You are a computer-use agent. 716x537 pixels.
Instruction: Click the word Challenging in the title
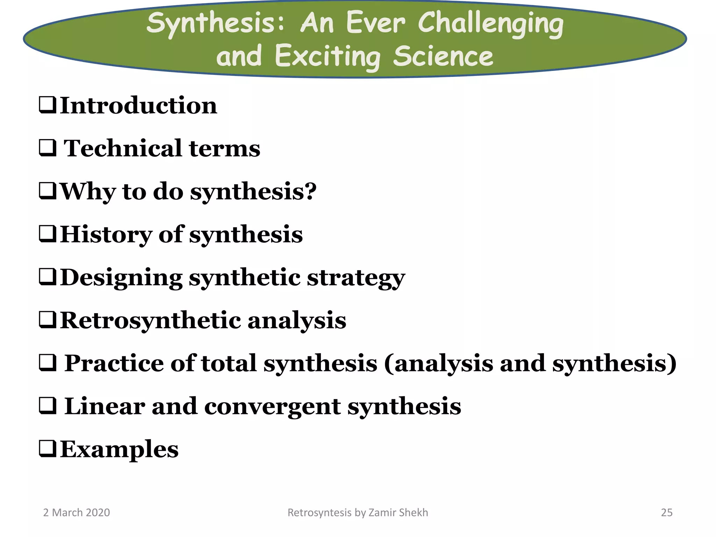(491, 24)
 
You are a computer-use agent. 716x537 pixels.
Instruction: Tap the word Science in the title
(443, 56)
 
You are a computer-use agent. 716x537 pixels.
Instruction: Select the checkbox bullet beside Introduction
(48, 105)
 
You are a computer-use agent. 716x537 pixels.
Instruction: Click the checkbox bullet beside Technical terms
(48, 148)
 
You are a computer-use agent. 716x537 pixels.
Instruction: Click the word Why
(87, 192)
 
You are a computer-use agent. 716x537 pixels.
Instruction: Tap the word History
(106, 234)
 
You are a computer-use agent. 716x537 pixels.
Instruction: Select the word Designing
(121, 277)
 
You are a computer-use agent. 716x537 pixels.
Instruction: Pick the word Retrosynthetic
(150, 320)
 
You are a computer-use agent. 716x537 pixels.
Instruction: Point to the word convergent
(272, 407)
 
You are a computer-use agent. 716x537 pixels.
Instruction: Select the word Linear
(105, 406)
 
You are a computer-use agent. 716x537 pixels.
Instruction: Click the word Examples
(119, 450)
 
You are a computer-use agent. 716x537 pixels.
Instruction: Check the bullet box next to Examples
(48, 449)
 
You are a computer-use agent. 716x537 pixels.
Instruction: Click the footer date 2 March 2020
(76, 513)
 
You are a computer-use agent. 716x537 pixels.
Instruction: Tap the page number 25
(666, 513)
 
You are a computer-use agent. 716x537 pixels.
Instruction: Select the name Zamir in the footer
(382, 513)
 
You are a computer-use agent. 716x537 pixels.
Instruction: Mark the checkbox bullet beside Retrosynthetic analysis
(48, 320)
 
